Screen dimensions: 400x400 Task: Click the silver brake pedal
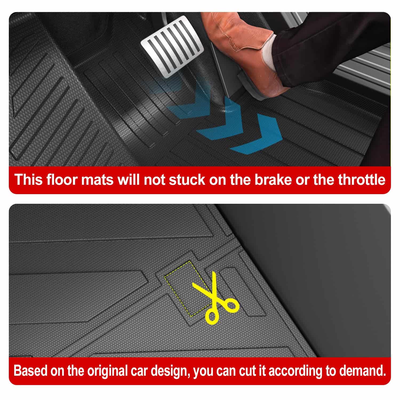click(x=172, y=47)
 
